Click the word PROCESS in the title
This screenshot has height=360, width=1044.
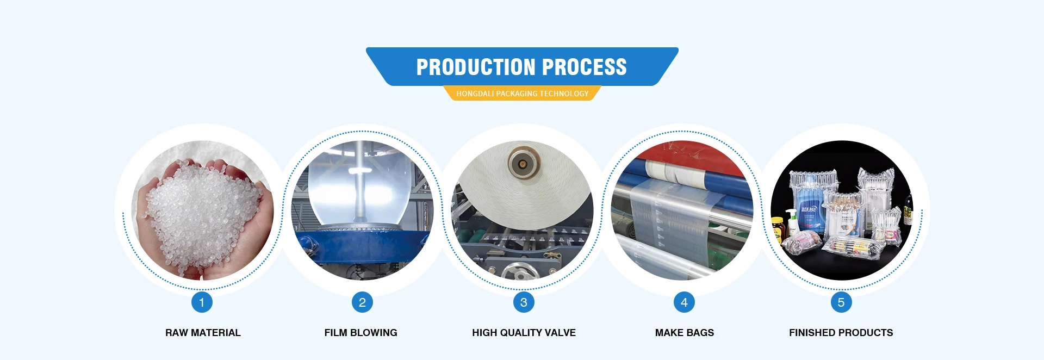[x=585, y=67]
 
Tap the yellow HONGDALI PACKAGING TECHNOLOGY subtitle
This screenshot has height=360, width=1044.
[x=522, y=94]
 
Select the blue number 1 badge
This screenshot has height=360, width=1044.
[x=202, y=302]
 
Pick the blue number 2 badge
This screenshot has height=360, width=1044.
[x=362, y=302]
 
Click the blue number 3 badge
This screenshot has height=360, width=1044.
[x=524, y=302]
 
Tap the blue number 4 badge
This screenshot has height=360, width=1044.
[x=684, y=302]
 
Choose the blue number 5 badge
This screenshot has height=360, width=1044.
[x=841, y=302]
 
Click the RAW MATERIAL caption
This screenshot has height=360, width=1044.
[x=203, y=333]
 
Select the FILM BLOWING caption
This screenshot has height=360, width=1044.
[x=361, y=333]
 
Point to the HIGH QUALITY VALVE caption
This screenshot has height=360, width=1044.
[x=524, y=333]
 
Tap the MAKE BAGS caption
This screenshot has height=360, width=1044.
[x=685, y=333]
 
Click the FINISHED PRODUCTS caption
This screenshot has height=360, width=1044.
[x=841, y=333]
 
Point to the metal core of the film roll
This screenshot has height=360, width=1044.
[x=523, y=163]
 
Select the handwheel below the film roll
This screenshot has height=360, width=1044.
[x=517, y=272]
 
